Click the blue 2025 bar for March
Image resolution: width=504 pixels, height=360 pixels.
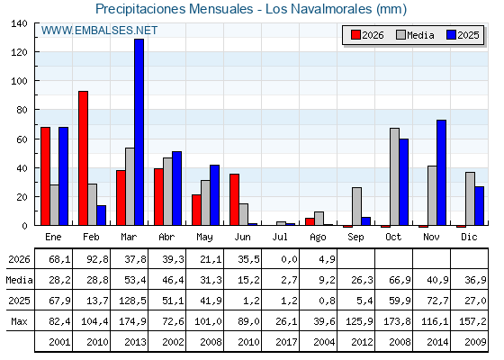[139, 132]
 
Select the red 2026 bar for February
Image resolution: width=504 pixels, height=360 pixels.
[83, 158]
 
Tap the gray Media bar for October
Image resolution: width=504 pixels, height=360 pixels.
[395, 176]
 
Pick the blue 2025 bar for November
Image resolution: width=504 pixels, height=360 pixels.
[442, 173]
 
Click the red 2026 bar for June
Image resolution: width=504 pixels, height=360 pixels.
[235, 200]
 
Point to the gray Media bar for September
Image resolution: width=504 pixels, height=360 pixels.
[356, 206]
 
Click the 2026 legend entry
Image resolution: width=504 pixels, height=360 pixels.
[367, 35]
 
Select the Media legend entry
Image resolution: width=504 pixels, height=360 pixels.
[415, 35]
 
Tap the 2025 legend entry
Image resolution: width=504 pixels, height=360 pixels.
[463, 35]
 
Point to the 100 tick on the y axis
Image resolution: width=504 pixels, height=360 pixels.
[19, 81]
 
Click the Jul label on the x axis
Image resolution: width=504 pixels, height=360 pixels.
[280, 237]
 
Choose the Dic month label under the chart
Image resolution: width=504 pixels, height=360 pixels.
[469, 237]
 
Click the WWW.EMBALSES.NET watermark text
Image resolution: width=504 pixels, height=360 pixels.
[99, 31]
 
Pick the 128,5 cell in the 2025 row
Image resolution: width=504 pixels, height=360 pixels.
[132, 301]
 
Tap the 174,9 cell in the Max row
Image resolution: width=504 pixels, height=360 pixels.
[132, 321]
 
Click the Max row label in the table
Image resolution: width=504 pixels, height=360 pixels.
[19, 321]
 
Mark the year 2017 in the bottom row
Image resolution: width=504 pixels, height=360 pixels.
[286, 342]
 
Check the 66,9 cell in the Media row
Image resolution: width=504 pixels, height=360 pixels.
[400, 280]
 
